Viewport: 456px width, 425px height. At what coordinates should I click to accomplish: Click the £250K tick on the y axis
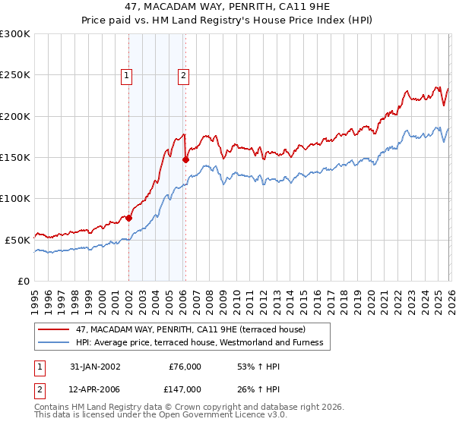coord(15,75)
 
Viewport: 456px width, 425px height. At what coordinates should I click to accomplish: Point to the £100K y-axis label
coord(15,198)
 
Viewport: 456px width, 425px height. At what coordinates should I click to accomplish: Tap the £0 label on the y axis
coord(24,281)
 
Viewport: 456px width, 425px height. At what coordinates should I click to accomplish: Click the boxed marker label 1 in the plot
coord(126,75)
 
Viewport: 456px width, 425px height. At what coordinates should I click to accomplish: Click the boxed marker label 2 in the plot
coord(184,75)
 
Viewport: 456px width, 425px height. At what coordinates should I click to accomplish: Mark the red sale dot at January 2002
coord(128,218)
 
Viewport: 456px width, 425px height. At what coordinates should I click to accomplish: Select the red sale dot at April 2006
coord(185,159)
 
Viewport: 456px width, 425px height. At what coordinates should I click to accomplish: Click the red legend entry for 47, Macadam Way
coord(190,329)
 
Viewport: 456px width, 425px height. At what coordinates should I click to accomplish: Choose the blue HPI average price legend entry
coord(199,343)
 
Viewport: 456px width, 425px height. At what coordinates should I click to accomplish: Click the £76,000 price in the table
coord(184,367)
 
